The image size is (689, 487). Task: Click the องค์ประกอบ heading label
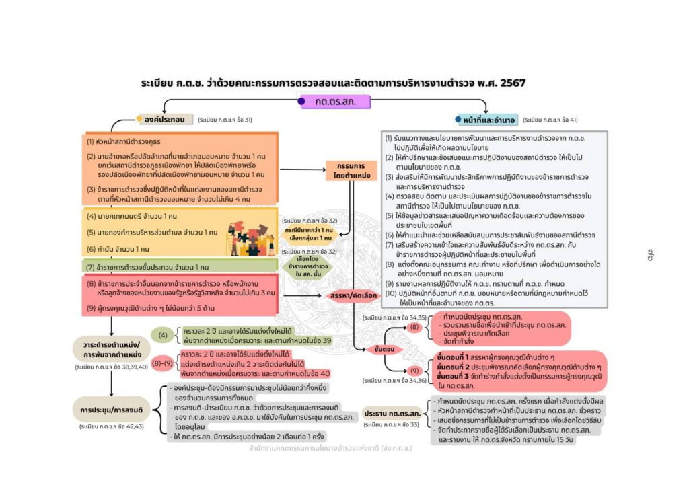coord(164,120)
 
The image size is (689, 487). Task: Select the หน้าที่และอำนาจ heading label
coord(488,120)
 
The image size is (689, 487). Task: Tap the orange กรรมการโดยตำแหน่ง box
coord(351,170)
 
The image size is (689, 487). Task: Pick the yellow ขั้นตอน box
coord(379,349)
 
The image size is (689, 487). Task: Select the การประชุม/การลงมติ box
coord(110,409)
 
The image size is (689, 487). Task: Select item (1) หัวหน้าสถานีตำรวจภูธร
coord(122,142)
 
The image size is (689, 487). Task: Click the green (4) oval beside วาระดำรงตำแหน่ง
coord(162,334)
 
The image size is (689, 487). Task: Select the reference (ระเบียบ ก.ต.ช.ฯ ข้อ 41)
coord(550,120)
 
